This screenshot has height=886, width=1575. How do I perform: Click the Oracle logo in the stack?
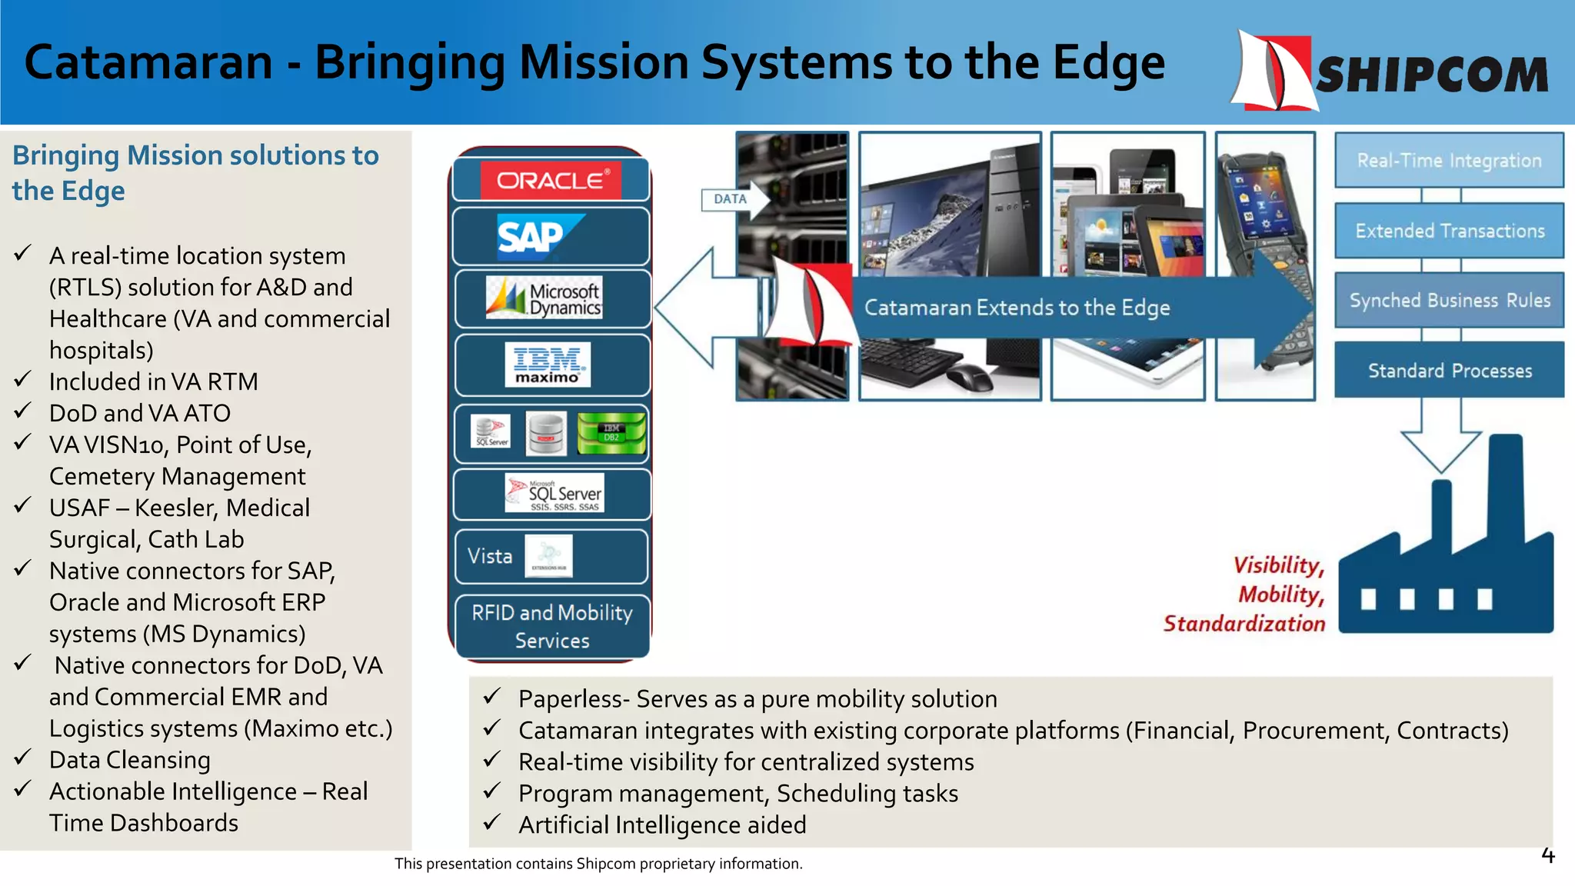pyautogui.click(x=551, y=181)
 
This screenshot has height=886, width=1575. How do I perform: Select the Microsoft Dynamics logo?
pyautogui.click(x=544, y=298)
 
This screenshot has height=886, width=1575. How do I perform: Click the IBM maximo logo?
pyautogui.click(x=548, y=365)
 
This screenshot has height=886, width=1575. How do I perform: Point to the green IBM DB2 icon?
pyautogui.click(x=611, y=433)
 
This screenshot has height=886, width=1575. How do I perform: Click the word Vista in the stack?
pyautogui.click(x=490, y=556)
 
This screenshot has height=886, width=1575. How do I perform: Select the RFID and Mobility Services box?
pyautogui.click(x=551, y=627)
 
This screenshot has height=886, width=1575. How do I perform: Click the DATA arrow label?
pyautogui.click(x=730, y=199)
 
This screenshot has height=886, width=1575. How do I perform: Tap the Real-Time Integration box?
pyautogui.click(x=1449, y=160)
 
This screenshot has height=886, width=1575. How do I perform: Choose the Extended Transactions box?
pyautogui.click(x=1449, y=231)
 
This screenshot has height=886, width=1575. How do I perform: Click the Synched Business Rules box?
pyautogui.click(x=1449, y=301)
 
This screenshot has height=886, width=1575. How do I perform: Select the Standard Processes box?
pyautogui.click(x=1449, y=371)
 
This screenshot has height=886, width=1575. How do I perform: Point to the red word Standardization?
pyautogui.click(x=1244, y=624)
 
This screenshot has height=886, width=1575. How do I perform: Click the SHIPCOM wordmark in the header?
pyautogui.click(x=1432, y=75)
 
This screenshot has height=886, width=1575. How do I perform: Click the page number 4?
pyautogui.click(x=1547, y=855)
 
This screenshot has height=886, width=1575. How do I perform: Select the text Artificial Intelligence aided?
pyautogui.click(x=662, y=825)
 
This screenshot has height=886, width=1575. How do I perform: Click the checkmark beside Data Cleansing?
pyautogui.click(x=23, y=758)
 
